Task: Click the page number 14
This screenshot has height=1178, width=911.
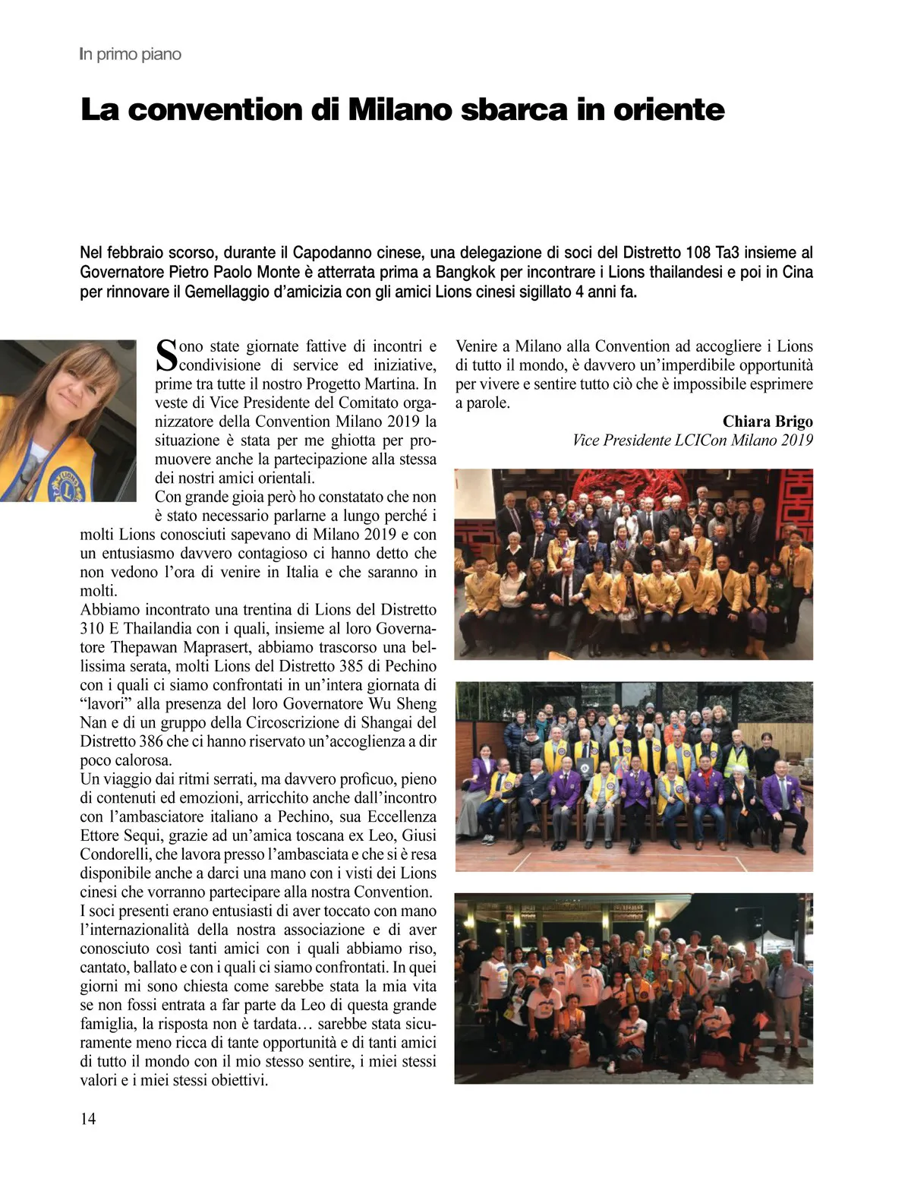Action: tap(88, 1119)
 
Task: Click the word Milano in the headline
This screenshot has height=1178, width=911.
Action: tap(393, 109)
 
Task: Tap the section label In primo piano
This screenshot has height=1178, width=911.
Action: tap(130, 55)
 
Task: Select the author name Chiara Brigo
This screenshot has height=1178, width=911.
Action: tap(767, 422)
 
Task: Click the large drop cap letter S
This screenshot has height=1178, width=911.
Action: tap(165, 355)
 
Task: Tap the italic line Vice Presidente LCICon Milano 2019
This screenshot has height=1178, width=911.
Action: tap(692, 441)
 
